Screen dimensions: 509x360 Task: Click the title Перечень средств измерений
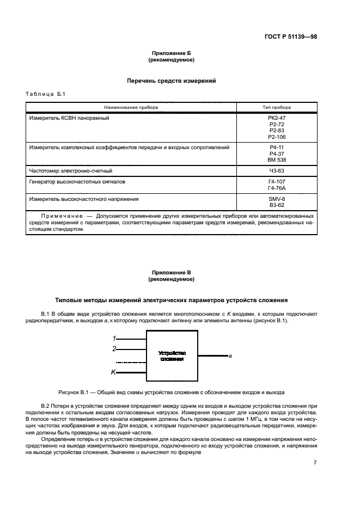172,81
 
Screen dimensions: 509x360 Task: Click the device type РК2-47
277,118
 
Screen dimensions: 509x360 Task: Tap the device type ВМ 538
277,160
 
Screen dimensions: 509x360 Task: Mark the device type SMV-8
277,200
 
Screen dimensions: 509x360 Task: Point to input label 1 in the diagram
114,339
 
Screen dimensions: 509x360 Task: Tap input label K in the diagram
113,372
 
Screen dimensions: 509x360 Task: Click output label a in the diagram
230,356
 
